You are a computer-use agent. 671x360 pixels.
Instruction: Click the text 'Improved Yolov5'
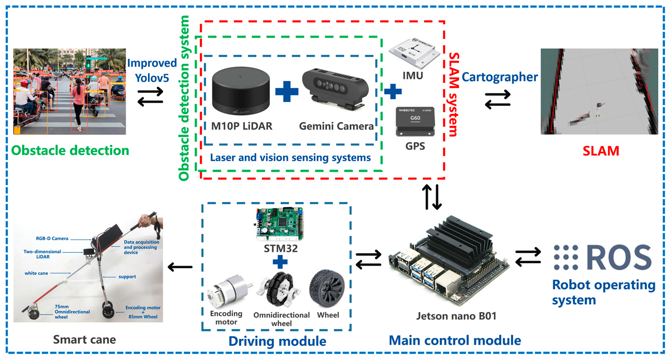[x=152, y=70]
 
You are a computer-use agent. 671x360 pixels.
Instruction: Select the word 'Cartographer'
[x=500, y=76]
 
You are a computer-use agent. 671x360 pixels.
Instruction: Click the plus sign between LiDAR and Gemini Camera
[x=286, y=91]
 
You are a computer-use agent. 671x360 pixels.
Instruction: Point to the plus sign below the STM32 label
[x=279, y=262]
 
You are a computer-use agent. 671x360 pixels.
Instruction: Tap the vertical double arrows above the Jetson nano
[x=432, y=197]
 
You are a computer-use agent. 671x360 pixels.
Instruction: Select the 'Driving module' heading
[x=277, y=341]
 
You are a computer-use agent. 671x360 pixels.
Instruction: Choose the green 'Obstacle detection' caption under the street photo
[x=70, y=150]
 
